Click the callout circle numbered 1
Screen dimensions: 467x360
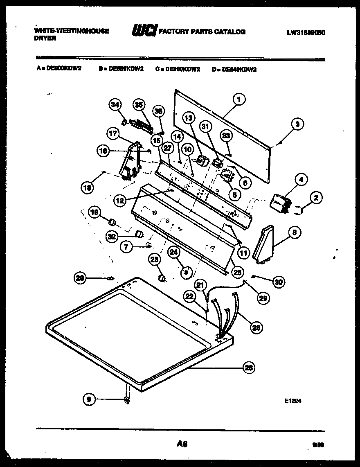(239, 99)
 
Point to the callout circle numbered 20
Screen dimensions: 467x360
(81, 278)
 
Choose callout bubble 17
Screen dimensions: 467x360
(113, 133)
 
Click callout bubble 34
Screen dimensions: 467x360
(115, 106)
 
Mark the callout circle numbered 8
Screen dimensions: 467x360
(294, 233)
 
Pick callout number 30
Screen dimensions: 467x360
(278, 282)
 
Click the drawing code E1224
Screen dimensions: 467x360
(294, 402)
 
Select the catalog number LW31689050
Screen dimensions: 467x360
(306, 32)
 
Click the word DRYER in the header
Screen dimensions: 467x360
(45, 38)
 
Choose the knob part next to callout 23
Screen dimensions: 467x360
(162, 278)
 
